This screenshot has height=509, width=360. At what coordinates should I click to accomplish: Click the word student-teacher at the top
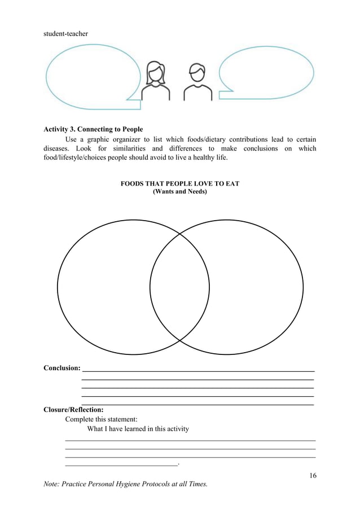coord(66,34)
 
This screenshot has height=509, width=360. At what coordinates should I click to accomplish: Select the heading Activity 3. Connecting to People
coord(93,129)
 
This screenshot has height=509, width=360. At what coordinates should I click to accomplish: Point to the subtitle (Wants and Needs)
coord(180,192)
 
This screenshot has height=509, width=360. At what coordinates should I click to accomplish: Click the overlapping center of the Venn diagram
coord(179,287)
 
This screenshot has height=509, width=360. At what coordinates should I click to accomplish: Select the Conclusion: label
coord(62,368)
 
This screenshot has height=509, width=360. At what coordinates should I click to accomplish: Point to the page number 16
coord(313,475)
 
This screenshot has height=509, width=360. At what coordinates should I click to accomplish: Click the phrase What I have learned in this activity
coord(138,429)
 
